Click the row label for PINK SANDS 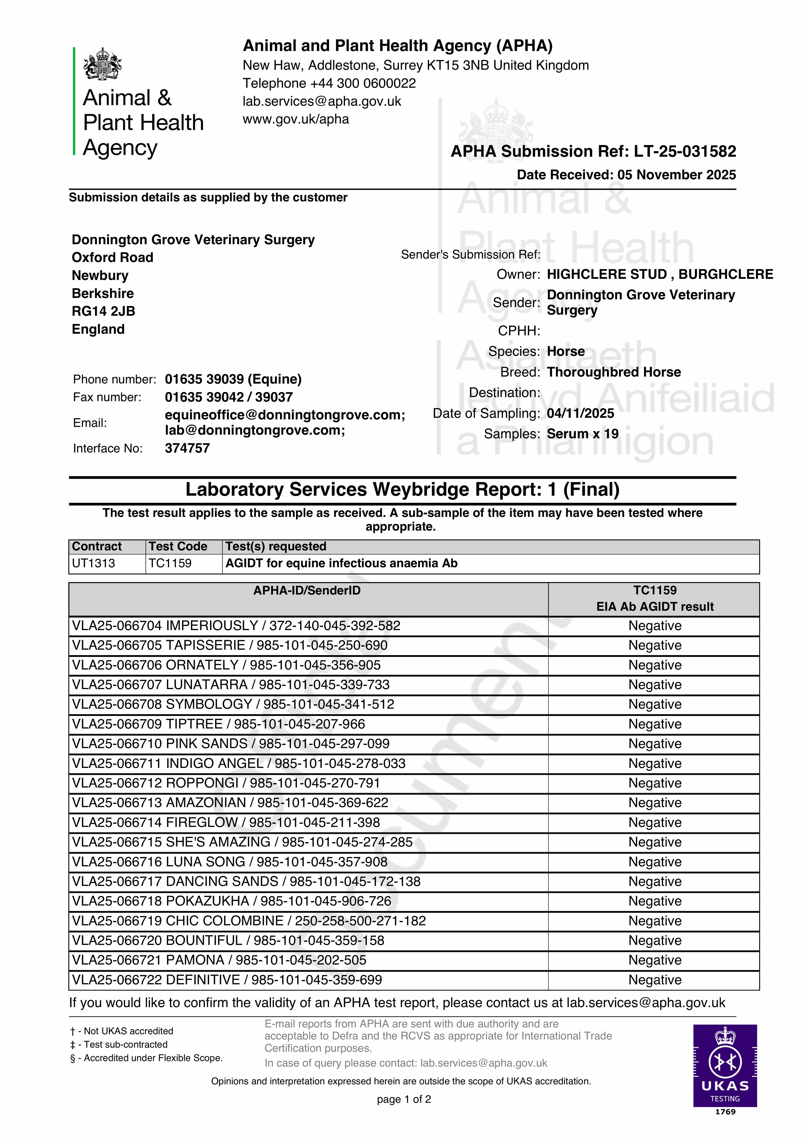[231, 744]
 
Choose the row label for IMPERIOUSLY [236, 626]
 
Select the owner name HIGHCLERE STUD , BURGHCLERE [660, 274]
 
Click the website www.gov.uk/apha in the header [296, 119]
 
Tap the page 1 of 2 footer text [404, 1099]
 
